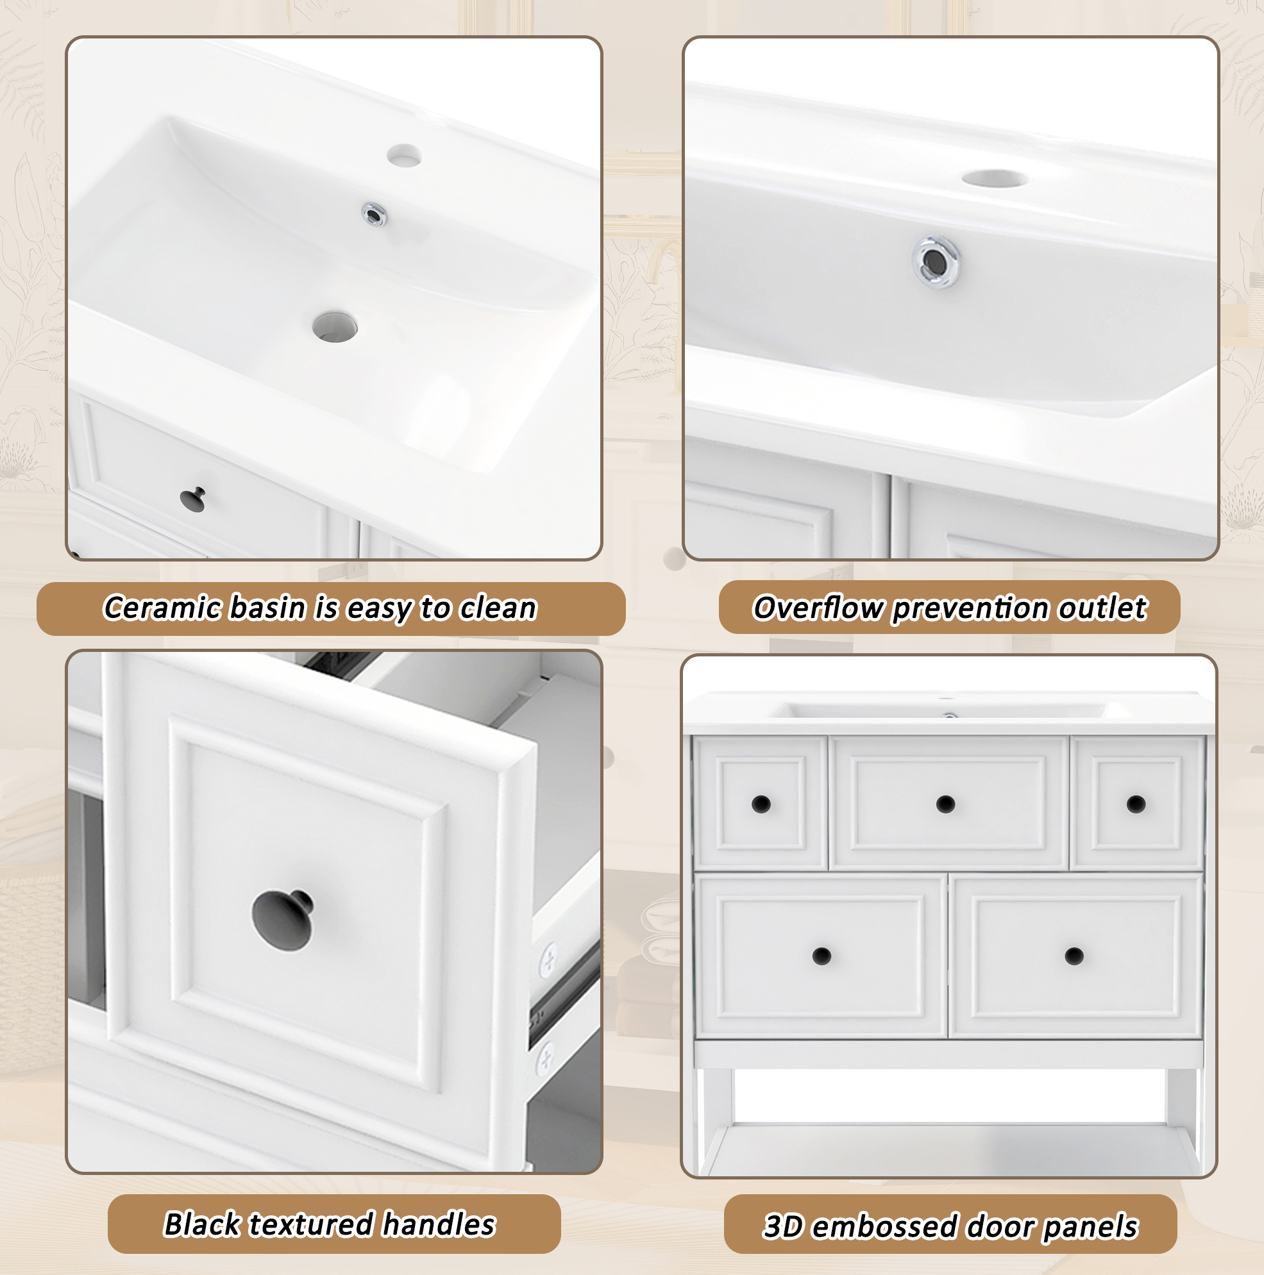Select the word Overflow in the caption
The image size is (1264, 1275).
pos(818,608)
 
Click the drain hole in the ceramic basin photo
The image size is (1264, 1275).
pos(335,327)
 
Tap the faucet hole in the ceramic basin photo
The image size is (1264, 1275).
pos(405,155)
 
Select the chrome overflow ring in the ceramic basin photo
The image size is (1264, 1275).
pos(375,215)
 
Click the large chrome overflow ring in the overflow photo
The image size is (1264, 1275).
pos(936,262)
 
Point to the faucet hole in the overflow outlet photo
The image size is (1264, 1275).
pos(995,178)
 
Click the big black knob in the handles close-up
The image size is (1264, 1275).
pos(283,920)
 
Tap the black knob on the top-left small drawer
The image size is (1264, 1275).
pos(761,804)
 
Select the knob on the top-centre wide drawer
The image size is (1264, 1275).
pos(946,804)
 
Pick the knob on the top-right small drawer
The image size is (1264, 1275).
pos(1136,804)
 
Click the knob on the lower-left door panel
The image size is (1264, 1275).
pos(822,956)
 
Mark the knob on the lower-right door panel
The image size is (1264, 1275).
pos(1075,956)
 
